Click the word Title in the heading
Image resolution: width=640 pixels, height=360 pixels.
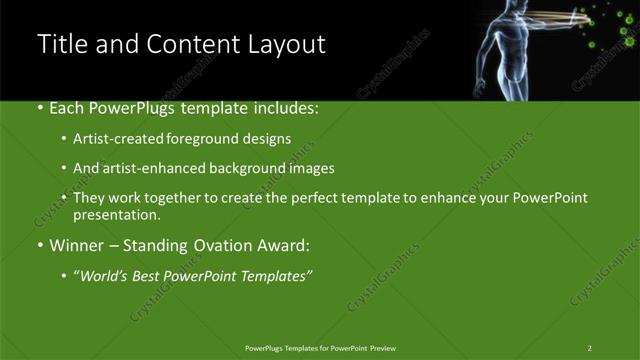click(59, 44)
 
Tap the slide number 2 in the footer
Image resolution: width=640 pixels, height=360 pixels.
click(590, 347)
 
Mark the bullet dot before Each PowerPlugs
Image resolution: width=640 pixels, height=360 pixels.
click(40, 107)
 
